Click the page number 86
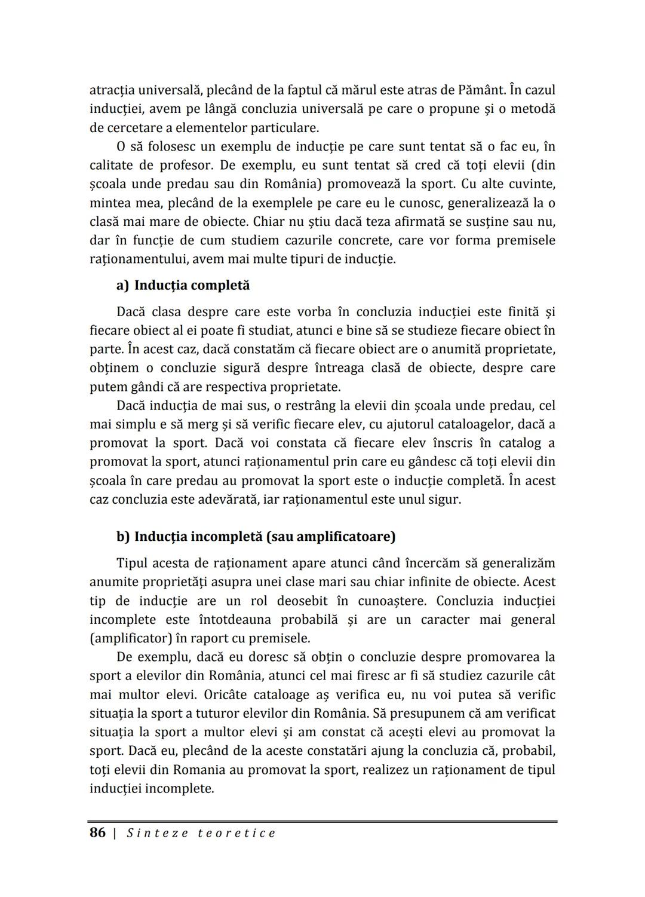pos(97,832)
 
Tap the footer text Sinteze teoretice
pos(201,833)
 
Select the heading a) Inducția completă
pos(183,285)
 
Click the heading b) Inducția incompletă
pos(256,536)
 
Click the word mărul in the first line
pos(358,90)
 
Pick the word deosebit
pos(304,600)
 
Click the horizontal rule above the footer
pos(322,822)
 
